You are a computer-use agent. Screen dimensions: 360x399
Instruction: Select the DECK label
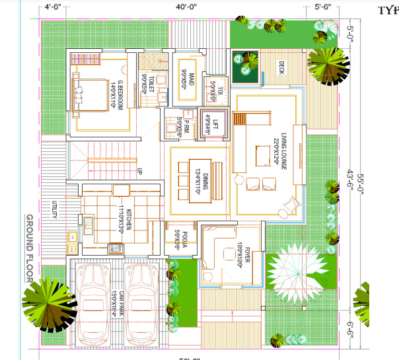[281, 68]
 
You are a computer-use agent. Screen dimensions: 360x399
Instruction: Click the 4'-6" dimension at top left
[53, 8]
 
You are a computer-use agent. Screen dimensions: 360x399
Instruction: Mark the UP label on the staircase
[140, 172]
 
